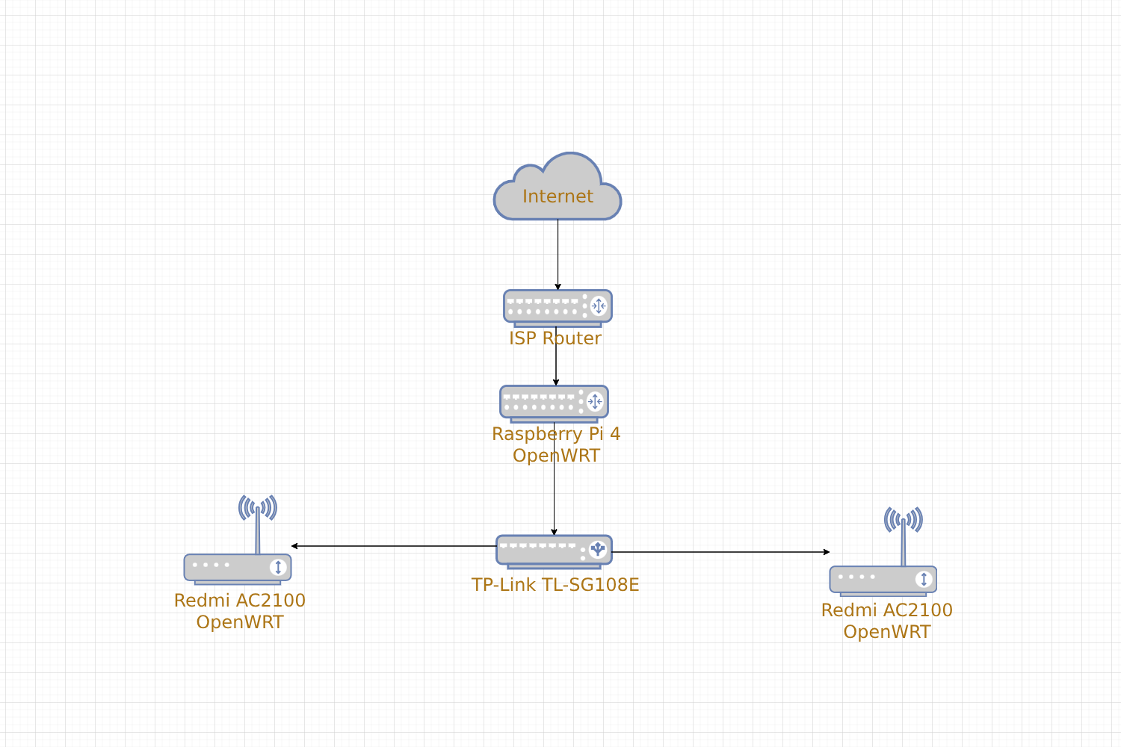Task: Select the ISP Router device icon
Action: tap(558, 309)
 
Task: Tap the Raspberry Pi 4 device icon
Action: tap(554, 404)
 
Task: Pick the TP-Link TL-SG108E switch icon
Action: tap(554, 552)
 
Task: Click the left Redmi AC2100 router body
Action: tap(238, 569)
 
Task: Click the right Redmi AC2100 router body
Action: tap(883, 581)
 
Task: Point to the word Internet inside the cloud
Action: tap(558, 196)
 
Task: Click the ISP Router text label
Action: tap(555, 338)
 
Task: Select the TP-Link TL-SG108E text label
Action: tap(555, 584)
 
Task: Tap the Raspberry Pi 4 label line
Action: tap(556, 434)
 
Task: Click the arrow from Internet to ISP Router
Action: tap(558, 255)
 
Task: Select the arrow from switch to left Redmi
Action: tap(394, 546)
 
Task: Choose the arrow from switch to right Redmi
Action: tap(720, 552)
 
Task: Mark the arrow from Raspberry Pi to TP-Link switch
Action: tap(554, 479)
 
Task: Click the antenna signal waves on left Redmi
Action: tap(258, 508)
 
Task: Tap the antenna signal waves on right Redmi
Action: tap(904, 519)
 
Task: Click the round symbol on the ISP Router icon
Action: tap(599, 306)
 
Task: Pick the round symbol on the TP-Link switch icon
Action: tap(598, 549)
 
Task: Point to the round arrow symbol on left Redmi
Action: tap(278, 567)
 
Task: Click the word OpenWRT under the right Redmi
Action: tap(887, 632)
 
